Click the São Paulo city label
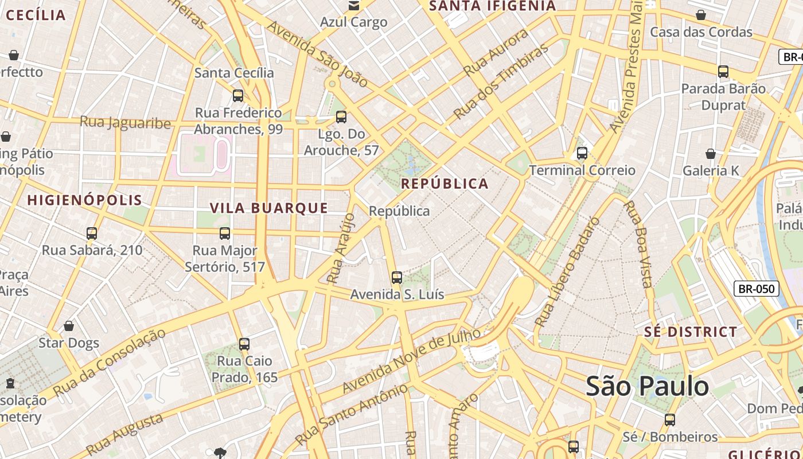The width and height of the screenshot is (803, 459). point(647,386)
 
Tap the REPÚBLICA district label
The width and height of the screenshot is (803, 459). point(445,184)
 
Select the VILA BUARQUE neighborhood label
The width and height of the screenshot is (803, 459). point(268,208)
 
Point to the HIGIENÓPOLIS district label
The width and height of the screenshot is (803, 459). point(84,200)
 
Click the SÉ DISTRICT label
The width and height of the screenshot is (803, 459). point(690,332)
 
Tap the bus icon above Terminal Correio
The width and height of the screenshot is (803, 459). point(582,153)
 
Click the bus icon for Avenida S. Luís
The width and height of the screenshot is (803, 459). point(396,278)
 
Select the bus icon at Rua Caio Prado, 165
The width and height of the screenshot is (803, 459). point(244,344)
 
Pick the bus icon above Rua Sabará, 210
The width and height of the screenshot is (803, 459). point(92,234)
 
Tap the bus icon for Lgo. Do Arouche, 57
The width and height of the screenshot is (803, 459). point(341,117)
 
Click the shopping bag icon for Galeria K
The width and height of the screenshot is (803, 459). point(711,154)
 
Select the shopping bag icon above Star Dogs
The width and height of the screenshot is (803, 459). point(69,326)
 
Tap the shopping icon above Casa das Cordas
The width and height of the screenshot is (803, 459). point(701,15)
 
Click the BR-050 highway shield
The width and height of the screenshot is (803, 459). point(756,289)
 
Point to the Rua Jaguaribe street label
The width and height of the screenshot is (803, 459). point(125,122)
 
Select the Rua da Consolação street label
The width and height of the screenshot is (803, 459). point(109,362)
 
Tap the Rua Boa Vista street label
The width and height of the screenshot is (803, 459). point(638,244)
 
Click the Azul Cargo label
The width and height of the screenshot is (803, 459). point(353,22)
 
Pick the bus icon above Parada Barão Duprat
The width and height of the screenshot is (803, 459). point(723,72)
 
